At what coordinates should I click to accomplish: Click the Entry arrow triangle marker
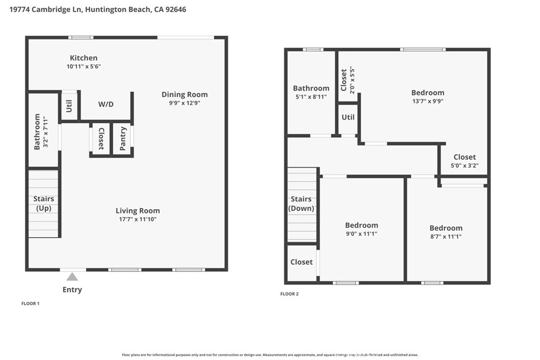72,277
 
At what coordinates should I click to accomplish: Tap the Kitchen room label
83,58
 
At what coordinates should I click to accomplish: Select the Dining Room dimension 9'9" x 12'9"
185,103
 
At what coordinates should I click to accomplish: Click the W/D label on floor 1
105,104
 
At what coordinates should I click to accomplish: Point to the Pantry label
123,139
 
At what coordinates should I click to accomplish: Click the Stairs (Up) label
43,203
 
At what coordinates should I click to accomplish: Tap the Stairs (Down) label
301,203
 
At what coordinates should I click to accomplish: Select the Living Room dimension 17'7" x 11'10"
138,219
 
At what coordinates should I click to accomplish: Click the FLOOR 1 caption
30,304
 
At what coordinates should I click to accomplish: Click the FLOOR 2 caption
290,294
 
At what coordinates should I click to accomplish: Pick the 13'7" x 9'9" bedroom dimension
428,102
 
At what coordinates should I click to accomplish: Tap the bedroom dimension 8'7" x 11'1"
446,237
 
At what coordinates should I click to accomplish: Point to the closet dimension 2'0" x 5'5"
352,80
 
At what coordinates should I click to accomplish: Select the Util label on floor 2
348,118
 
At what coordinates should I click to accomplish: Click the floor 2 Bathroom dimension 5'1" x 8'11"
311,97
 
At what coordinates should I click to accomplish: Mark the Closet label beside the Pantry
101,139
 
